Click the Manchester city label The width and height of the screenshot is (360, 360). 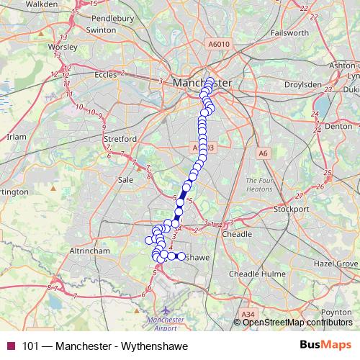202,84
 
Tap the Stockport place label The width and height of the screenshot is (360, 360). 292,210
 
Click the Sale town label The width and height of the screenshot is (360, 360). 125,179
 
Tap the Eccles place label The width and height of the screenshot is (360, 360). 105,73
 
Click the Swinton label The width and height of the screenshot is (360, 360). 100,30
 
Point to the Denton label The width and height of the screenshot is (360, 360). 338,125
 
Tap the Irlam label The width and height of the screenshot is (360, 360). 15,136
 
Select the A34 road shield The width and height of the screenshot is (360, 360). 248,314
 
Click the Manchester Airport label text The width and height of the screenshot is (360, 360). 165,322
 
